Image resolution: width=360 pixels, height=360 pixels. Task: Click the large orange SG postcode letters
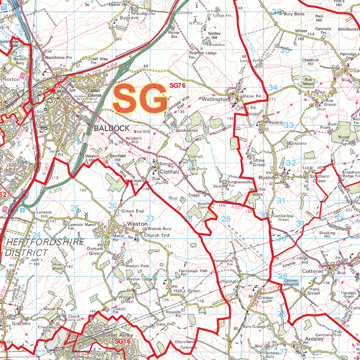coord(139,98)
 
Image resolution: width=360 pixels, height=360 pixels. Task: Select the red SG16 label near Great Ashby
coord(122,342)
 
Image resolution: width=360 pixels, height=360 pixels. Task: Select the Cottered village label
coord(313,271)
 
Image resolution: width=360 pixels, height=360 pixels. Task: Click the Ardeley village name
coord(314,339)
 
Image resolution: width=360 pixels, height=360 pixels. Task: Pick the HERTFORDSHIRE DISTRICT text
coord(45,247)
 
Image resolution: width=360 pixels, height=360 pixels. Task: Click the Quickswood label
coord(187,130)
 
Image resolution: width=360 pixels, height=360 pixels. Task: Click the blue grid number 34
coord(273,87)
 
